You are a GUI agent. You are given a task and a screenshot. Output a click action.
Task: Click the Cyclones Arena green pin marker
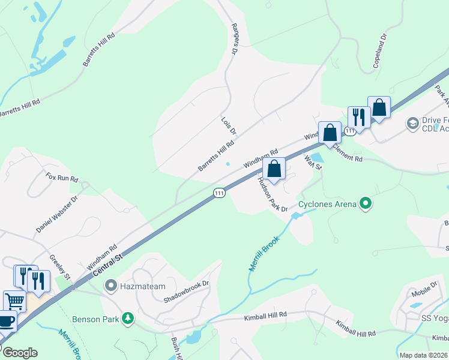coord(365,204)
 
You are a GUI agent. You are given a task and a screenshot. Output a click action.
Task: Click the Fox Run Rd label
coord(62,178)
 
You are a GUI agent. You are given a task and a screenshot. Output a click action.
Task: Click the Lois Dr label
coord(229,125)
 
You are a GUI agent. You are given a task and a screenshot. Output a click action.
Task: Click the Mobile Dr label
coord(424,290)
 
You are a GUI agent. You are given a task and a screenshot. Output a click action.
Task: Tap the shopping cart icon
coord(14,301)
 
